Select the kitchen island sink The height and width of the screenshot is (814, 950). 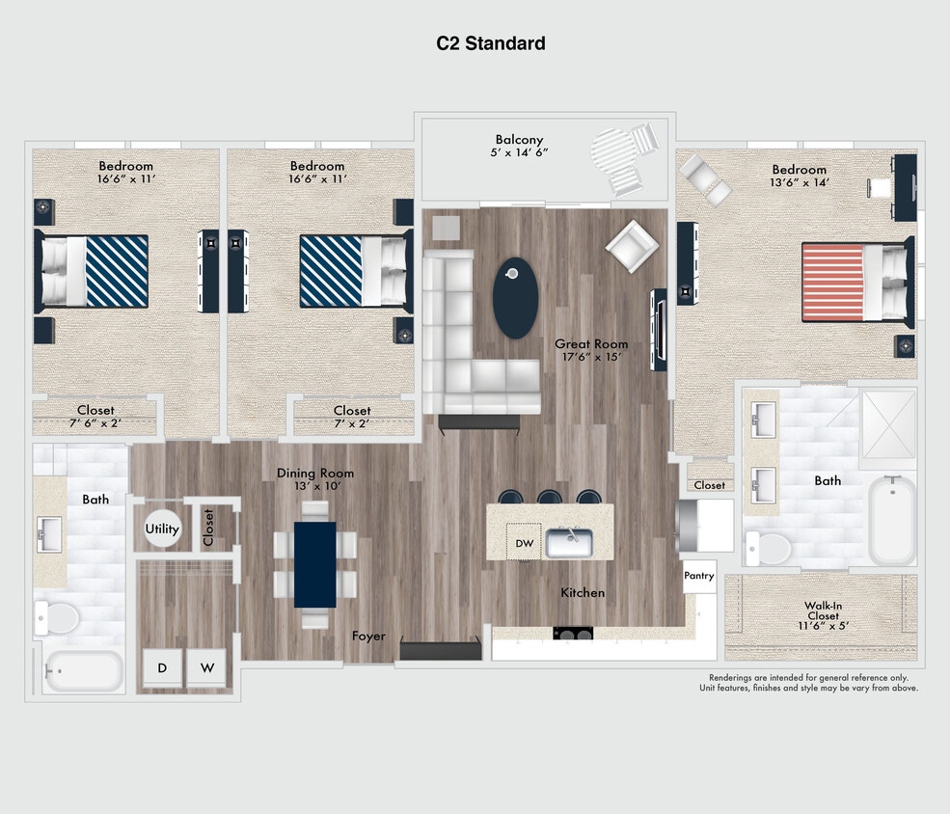point(569,543)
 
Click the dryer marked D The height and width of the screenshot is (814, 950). point(162,667)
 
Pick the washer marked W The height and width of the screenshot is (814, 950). point(205,667)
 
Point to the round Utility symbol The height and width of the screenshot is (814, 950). point(162,529)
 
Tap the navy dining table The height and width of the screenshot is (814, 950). point(315,564)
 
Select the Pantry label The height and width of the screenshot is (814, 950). point(698,576)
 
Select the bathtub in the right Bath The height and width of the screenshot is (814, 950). point(892,520)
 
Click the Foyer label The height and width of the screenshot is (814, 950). point(368,636)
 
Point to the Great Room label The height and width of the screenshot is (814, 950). point(590,343)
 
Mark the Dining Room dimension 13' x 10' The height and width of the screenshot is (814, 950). point(315,486)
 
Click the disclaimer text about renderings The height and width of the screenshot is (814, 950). point(808,683)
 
